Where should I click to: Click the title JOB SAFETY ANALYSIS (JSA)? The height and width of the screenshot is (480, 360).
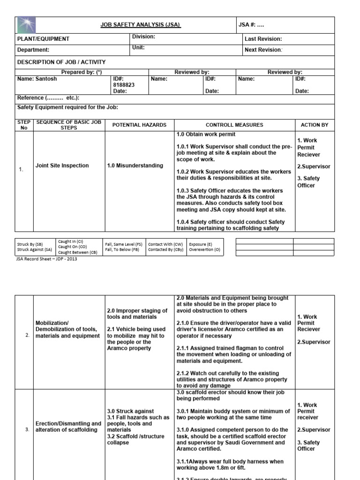pyautogui.click(x=141, y=25)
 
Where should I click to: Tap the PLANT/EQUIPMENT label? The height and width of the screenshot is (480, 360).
pyautogui.click(x=43, y=39)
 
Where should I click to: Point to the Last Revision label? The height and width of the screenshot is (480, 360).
pyautogui.click(x=263, y=39)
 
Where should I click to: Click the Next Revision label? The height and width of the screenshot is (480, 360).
pyautogui.click(x=263, y=50)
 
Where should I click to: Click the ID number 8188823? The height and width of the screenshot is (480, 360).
pyautogui.click(x=124, y=85)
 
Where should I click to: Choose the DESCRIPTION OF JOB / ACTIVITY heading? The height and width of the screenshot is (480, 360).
pyautogui.click(x=61, y=62)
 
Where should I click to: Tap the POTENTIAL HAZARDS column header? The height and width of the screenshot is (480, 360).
pyautogui.click(x=139, y=125)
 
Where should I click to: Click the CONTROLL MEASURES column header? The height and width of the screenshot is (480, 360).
pyautogui.click(x=234, y=125)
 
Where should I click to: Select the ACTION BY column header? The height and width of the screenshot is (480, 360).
pyautogui.click(x=314, y=125)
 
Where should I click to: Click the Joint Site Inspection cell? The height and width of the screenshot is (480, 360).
pyautogui.click(x=62, y=165)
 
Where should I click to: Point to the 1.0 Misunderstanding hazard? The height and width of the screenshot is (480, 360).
pyautogui.click(x=135, y=165)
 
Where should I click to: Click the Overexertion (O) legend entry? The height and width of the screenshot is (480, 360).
pyautogui.click(x=204, y=250)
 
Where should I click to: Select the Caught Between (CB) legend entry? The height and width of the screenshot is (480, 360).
pyautogui.click(x=78, y=252)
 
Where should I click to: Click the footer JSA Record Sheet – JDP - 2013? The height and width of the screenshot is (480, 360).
pyautogui.click(x=47, y=259)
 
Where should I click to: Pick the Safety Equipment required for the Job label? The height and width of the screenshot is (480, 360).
pyautogui.click(x=67, y=107)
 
